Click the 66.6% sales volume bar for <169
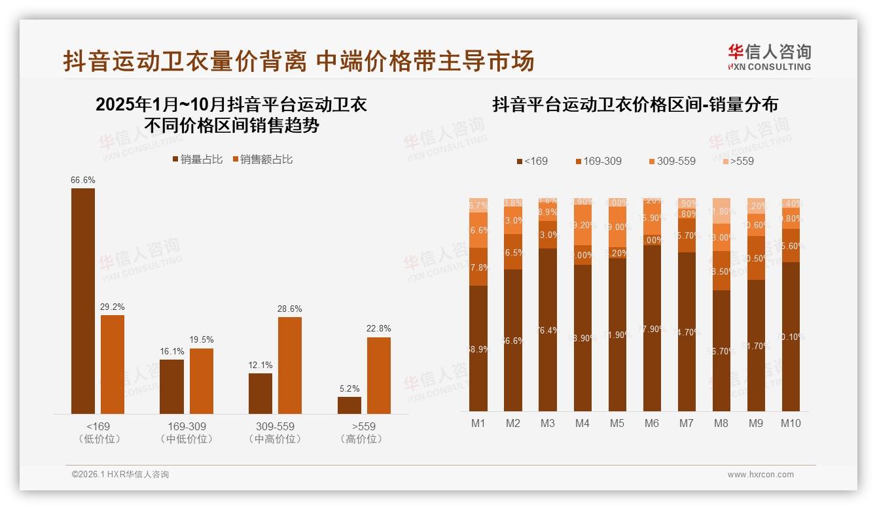(83, 301)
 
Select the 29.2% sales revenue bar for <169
(113, 364)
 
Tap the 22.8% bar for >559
(379, 375)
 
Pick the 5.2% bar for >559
(349, 405)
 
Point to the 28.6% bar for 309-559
(290, 365)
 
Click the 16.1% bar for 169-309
(172, 386)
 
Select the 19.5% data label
(202, 340)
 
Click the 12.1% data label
(260, 365)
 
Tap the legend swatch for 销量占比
(175, 160)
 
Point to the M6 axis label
(652, 423)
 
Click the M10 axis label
(791, 423)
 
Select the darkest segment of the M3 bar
(548, 330)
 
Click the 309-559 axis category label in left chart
(275, 426)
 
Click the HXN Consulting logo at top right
(769, 58)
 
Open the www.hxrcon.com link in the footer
(761, 475)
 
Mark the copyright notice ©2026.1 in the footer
(120, 475)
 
